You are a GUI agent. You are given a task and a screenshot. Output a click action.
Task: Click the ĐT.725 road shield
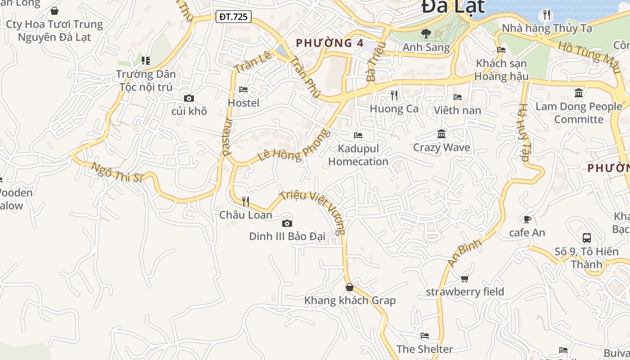tap(233, 17)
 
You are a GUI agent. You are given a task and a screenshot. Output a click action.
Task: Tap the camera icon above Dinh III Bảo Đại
tap(287, 223)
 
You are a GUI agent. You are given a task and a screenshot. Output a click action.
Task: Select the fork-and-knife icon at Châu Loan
tap(246, 201)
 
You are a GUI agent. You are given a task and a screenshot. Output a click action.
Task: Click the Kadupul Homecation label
tap(358, 155)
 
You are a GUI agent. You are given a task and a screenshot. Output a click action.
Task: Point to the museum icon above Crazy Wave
tap(441, 134)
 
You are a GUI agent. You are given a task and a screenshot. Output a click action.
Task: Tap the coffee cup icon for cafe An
tap(527, 219)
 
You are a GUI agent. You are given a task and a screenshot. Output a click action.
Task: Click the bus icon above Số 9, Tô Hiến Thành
tap(586, 238)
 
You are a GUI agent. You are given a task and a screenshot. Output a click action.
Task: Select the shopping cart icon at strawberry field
tap(465, 279)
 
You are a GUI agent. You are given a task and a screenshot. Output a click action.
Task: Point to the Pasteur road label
tap(227, 137)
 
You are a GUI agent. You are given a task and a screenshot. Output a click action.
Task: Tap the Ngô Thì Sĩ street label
tap(117, 172)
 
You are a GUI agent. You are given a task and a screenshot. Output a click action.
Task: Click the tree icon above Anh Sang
tap(426, 33)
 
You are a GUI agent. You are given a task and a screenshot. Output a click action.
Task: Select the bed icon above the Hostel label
tap(243, 90)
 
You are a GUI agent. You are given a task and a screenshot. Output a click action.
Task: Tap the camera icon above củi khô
tap(189, 98)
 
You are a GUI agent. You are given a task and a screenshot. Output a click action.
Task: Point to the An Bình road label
tap(464, 252)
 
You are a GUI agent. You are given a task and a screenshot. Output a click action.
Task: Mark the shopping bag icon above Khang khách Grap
tap(350, 287)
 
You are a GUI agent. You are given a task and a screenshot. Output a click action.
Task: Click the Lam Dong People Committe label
tap(579, 113)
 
